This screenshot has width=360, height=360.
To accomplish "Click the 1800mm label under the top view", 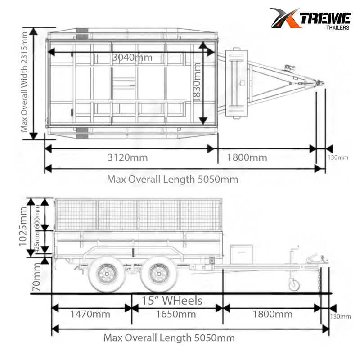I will (247, 157).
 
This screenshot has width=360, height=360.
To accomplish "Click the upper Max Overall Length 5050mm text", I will (172, 179).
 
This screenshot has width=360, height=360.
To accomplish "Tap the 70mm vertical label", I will (36, 277).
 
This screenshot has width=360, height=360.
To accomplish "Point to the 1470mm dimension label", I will (90, 314).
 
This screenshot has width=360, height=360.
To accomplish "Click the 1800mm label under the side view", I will (272, 314).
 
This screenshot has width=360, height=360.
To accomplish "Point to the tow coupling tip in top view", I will (320, 83).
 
